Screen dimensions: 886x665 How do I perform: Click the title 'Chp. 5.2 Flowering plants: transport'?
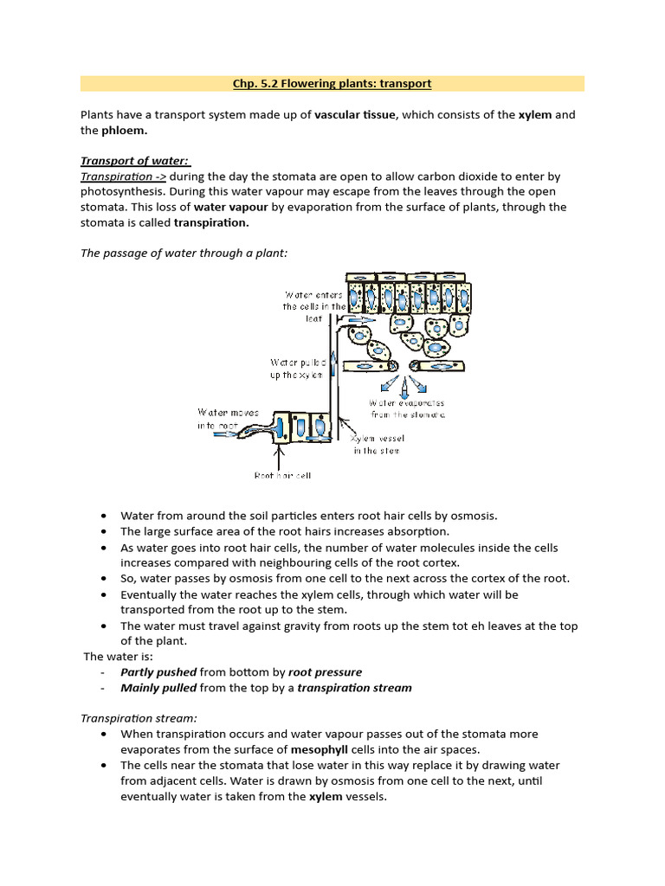332,84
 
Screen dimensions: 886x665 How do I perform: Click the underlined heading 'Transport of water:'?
135,161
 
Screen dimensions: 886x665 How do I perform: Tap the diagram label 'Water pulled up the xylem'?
296,369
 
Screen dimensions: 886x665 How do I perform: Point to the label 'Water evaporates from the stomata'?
407,408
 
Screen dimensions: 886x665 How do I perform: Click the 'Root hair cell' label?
282,475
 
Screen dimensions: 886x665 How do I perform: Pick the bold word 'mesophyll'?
320,749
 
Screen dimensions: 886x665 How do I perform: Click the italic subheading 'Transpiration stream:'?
139,718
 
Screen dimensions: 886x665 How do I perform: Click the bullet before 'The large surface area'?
104,531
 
